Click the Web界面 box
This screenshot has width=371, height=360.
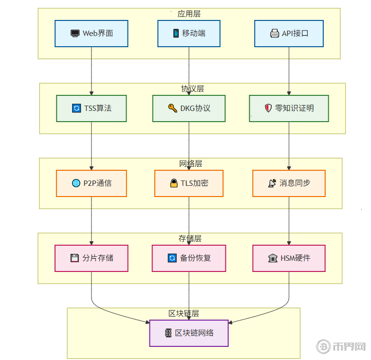(92, 34)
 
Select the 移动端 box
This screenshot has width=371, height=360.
(189, 34)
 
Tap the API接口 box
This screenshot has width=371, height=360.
(289, 34)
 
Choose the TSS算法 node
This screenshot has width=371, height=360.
(92, 108)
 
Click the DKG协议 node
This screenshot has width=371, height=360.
(189, 108)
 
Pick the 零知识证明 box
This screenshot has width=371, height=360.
(289, 108)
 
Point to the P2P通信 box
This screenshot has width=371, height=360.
(92, 183)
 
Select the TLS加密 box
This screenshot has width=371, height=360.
(189, 183)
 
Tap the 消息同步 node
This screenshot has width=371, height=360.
(289, 183)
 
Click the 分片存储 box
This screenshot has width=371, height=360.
(92, 258)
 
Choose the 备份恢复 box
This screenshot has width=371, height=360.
(189, 258)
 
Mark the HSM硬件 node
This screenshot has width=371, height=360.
(289, 258)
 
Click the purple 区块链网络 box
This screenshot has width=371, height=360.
(189, 333)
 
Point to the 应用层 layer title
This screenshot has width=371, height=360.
(189, 14)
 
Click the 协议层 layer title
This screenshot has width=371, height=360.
(192, 89)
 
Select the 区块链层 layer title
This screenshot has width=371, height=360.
(184, 314)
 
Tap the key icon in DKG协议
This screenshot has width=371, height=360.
(172, 108)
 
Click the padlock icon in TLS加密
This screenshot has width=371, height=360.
(174, 183)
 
